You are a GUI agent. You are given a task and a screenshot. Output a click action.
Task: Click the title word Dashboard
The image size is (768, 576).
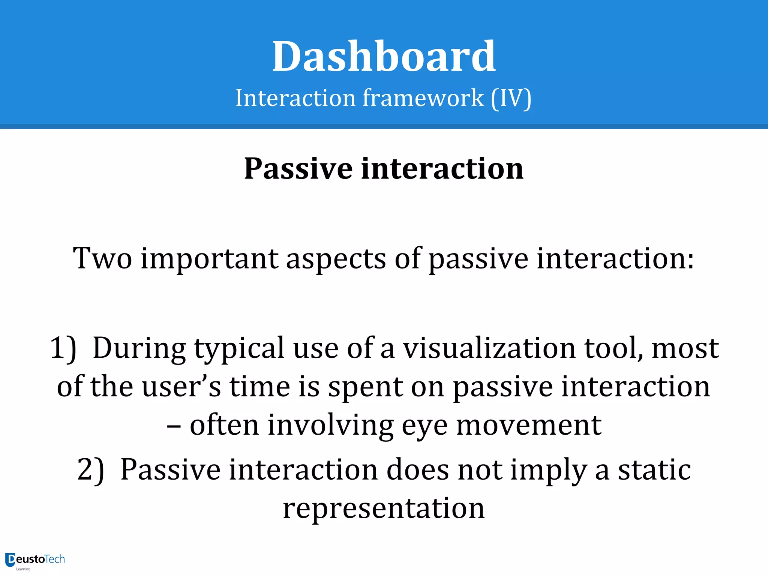pos(384,57)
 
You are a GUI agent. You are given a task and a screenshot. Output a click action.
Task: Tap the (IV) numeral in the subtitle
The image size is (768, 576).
pos(511,98)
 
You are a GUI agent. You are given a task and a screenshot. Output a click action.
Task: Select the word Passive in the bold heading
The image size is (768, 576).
pos(298,169)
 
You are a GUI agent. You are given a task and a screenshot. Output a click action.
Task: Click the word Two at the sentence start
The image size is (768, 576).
pos(102,259)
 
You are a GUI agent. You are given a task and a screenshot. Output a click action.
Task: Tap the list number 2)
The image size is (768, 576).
pos(91,470)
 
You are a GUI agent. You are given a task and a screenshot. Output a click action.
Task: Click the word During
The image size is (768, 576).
pos(139,348)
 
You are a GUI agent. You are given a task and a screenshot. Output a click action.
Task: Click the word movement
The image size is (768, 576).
pos(528,425)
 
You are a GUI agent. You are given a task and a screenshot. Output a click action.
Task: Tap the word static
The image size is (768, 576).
pos(654,469)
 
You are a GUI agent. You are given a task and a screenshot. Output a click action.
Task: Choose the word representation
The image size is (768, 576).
pos(384,508)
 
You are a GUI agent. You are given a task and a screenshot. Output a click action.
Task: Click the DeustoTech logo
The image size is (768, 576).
pos(35,560)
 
